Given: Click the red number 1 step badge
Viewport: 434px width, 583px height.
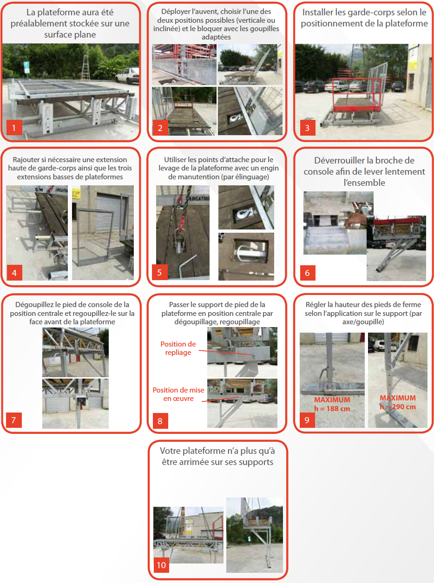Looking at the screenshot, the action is [x=14, y=127].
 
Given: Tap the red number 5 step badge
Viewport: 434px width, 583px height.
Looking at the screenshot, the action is [x=159, y=272].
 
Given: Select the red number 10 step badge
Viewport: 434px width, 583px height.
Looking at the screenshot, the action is [x=161, y=565].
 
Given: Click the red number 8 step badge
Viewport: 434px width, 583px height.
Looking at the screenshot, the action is [x=160, y=421].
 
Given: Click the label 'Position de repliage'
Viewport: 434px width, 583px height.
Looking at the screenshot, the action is [x=178, y=348].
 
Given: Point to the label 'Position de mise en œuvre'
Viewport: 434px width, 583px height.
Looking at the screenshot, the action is [x=178, y=394].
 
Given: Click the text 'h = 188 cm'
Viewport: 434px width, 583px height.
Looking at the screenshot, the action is [x=332, y=408].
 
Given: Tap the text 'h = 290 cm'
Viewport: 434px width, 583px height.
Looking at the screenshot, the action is [x=398, y=406].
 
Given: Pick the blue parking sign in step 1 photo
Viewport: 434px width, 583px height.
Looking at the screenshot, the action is [x=26, y=67].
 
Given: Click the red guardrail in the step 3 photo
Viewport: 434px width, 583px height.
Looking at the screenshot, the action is [x=356, y=95].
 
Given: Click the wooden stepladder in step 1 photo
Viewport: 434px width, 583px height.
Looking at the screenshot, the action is [x=85, y=67].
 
